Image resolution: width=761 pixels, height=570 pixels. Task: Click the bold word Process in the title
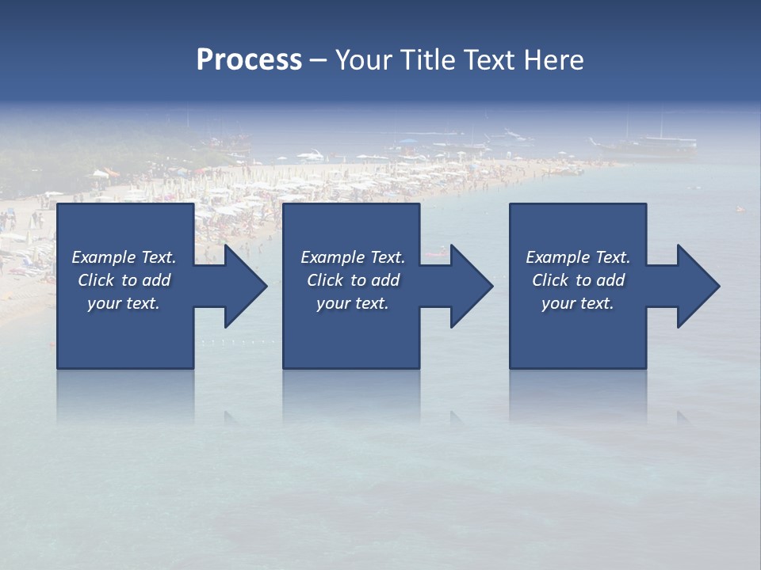click(x=248, y=60)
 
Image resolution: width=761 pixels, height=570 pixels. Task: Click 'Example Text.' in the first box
click(x=124, y=257)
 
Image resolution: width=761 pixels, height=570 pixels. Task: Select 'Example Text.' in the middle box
click(x=352, y=257)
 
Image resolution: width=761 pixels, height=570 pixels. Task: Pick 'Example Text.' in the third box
click(x=578, y=257)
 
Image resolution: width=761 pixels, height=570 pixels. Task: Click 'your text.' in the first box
click(x=124, y=303)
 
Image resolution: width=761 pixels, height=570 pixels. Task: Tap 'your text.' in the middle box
click(x=352, y=303)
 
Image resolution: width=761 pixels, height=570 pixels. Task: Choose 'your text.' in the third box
click(x=578, y=303)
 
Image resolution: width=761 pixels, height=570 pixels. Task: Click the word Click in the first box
click(x=96, y=280)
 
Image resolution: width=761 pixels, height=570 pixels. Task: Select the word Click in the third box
click(x=550, y=280)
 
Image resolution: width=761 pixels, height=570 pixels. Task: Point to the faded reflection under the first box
click(x=125, y=396)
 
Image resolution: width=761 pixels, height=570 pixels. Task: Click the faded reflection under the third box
click(x=577, y=396)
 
